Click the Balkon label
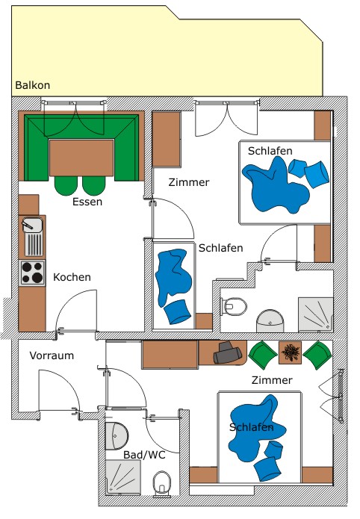(x=32, y=85)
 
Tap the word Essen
(x=87, y=202)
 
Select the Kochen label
(x=72, y=277)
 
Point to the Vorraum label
(x=52, y=355)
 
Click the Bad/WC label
(x=144, y=455)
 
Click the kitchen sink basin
(x=32, y=225)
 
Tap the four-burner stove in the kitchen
(x=32, y=273)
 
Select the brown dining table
(x=81, y=158)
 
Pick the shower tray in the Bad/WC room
(x=123, y=477)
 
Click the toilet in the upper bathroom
(x=234, y=306)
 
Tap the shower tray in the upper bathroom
(x=316, y=314)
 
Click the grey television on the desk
(x=227, y=352)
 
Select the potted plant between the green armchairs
(x=290, y=352)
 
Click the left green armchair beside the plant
(x=263, y=355)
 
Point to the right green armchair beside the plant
(x=317, y=355)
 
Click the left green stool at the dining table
(x=66, y=185)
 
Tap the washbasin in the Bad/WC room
(x=117, y=435)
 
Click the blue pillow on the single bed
(x=178, y=311)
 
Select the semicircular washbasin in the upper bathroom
(x=270, y=320)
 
